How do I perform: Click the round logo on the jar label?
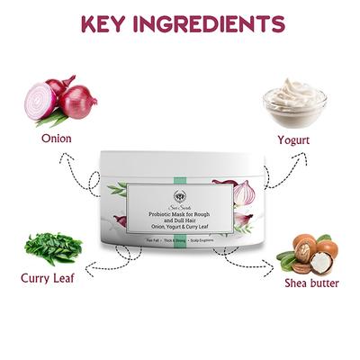pyautogui.click(x=180, y=191)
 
